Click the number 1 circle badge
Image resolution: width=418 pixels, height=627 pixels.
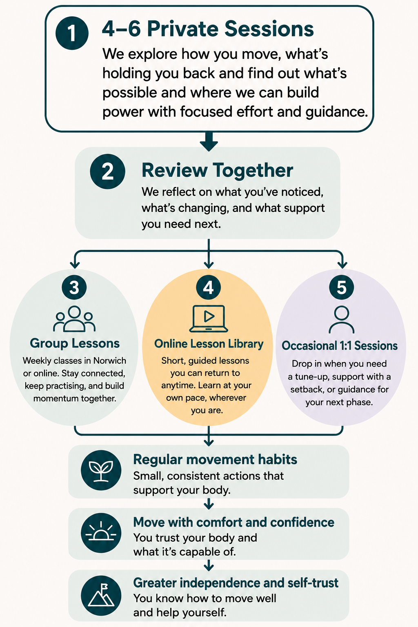click(x=72, y=33)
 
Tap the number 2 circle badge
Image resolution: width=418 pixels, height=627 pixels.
click(x=107, y=171)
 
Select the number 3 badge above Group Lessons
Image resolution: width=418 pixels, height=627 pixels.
click(x=74, y=287)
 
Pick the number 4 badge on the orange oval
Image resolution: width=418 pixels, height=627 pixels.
click(x=208, y=287)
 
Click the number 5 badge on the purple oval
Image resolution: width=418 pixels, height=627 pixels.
click(x=342, y=287)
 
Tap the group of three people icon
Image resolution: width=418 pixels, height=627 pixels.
click(x=74, y=319)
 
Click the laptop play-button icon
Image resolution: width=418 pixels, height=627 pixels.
click(x=209, y=318)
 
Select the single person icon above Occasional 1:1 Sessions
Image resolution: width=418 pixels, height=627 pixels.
click(x=342, y=319)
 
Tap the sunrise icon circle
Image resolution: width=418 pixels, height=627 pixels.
click(x=101, y=533)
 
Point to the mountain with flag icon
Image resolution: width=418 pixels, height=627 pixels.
click(x=101, y=596)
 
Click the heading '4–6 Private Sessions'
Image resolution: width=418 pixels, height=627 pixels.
click(x=208, y=29)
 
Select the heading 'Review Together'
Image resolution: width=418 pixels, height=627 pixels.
click(x=217, y=170)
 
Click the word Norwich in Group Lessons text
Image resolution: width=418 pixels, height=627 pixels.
click(x=109, y=360)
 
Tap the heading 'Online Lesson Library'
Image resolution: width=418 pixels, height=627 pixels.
click(x=209, y=344)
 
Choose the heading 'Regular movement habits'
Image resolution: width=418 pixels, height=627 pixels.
click(x=215, y=459)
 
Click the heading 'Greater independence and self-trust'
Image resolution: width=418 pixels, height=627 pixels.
click(x=236, y=583)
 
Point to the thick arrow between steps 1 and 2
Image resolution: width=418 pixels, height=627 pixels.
click(x=209, y=142)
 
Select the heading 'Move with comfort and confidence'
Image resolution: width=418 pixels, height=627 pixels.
click(x=234, y=522)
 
